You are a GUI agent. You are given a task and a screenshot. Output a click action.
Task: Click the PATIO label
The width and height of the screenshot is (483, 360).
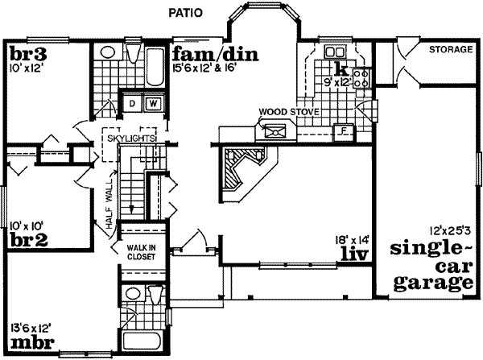click(x=184, y=13)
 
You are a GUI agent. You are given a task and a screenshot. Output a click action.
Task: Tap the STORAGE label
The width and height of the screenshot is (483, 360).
click(x=450, y=50)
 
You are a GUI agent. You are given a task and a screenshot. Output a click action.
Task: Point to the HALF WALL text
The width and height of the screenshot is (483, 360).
click(x=110, y=208)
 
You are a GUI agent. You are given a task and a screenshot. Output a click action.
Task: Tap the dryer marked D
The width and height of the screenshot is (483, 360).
click(x=131, y=103)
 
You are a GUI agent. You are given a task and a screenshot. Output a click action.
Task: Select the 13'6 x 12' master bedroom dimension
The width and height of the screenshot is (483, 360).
click(x=32, y=327)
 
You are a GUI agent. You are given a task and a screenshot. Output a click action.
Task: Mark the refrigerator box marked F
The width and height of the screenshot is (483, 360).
click(x=343, y=130)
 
